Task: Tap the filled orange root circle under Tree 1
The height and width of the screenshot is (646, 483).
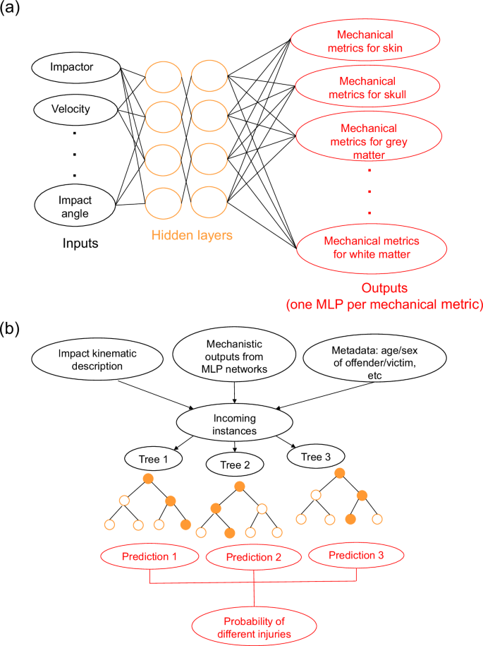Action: pos(147,479)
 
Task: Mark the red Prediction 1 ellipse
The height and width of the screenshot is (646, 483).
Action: pos(150,557)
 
